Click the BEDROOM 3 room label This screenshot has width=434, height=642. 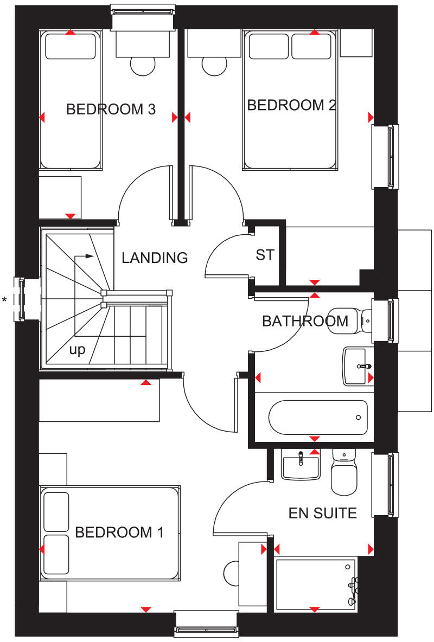click(x=111, y=110)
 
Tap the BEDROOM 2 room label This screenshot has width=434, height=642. click(x=291, y=105)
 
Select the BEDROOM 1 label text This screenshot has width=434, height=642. click(x=119, y=532)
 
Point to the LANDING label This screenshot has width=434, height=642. click(x=155, y=258)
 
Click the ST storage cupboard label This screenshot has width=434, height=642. click(x=265, y=255)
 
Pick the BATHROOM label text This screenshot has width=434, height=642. click(x=305, y=321)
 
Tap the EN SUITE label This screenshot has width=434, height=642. click(x=322, y=513)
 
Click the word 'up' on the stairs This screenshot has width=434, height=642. click(x=77, y=350)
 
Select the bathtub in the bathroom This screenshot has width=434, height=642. click(x=318, y=417)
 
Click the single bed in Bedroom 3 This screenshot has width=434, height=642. click(x=70, y=100)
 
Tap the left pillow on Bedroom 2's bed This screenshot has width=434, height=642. click(x=269, y=47)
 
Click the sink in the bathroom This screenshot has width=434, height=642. click(x=359, y=366)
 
